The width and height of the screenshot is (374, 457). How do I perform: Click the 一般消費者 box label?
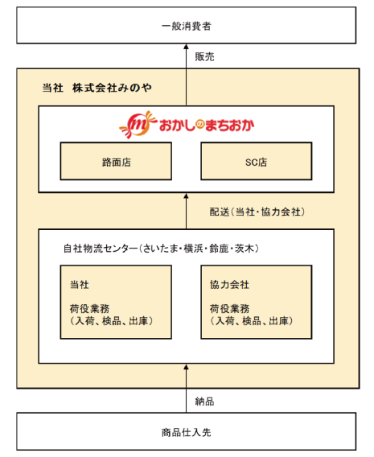click(187, 26)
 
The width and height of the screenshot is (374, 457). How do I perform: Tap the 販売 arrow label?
click(204, 56)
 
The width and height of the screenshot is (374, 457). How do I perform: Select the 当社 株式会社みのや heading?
click(97, 88)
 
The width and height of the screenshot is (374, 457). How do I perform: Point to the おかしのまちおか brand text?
click(207, 126)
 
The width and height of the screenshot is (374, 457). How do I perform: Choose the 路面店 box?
click(116, 161)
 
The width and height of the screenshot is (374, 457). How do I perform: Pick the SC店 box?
click(257, 161)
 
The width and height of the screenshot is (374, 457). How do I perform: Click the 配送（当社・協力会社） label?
click(257, 212)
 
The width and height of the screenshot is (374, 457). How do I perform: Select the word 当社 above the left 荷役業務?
click(80, 285)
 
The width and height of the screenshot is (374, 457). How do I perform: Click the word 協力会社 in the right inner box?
click(229, 285)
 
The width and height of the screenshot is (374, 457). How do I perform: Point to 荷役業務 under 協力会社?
click(229, 308)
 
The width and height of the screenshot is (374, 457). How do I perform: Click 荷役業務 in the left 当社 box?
click(89, 308)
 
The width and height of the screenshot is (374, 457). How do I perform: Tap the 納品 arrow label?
click(204, 401)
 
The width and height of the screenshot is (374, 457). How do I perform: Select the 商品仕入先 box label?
click(187, 432)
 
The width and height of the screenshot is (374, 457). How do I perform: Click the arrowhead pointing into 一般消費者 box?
click(187, 47)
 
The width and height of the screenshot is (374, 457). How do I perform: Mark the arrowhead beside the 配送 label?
click(187, 196)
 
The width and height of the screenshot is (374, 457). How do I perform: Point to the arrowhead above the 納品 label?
click(187, 367)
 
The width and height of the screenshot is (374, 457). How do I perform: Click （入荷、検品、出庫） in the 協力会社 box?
click(252, 321)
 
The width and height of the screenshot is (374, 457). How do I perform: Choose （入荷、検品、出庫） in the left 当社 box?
click(112, 321)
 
